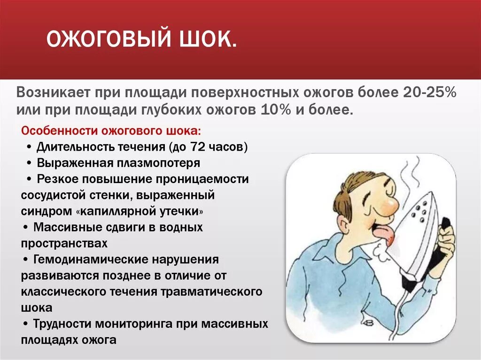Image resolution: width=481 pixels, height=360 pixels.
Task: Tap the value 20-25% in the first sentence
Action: tap(429, 92)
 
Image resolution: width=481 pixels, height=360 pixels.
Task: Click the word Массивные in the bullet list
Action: tap(66, 227)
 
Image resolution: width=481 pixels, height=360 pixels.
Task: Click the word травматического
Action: tap(211, 291)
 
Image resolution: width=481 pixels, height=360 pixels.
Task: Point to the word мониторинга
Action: tap(134, 324)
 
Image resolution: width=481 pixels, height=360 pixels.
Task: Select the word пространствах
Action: tap(64, 244)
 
